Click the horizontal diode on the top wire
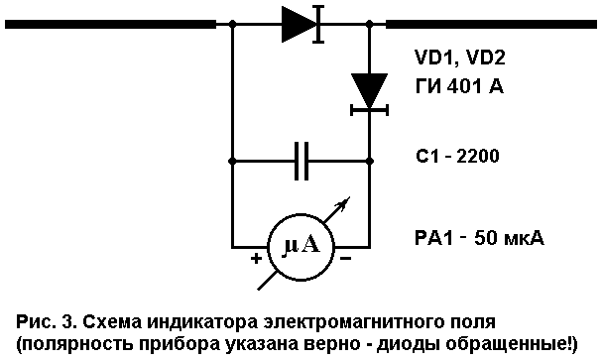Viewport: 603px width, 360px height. pyautogui.click(x=301, y=23)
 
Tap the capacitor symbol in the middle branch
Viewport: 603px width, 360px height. pyautogui.click(x=301, y=159)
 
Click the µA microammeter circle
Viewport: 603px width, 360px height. pyautogui.click(x=301, y=245)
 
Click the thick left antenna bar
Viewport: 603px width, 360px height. pyautogui.click(x=109, y=23)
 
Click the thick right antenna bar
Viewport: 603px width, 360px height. pyautogui.click(x=490, y=23)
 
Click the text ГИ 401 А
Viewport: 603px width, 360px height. pyautogui.click(x=458, y=87)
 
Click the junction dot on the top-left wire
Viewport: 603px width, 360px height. pyautogui.click(x=231, y=23)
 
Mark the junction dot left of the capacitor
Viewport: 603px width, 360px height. pyautogui.click(x=231, y=159)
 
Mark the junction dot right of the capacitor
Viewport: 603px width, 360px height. pyautogui.click(x=370, y=159)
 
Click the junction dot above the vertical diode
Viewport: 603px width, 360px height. pyautogui.click(x=370, y=23)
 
